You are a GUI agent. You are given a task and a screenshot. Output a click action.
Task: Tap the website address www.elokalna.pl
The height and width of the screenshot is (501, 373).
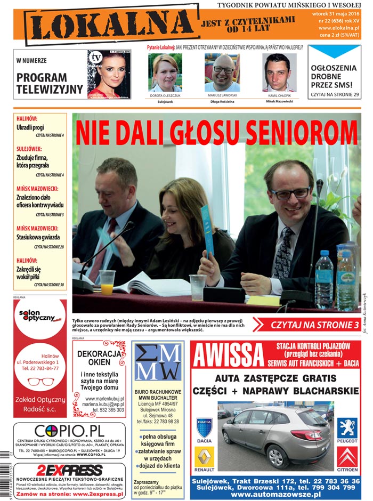tap(339, 28)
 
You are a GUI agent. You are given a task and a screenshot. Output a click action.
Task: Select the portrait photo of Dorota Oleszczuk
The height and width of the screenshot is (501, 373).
tap(165, 72)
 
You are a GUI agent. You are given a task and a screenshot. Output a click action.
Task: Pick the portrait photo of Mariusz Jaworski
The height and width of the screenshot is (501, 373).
tap(222, 72)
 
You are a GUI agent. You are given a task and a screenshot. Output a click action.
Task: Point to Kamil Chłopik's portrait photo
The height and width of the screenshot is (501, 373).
tap(279, 72)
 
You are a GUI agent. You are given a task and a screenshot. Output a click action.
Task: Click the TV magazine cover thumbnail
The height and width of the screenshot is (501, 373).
tap(109, 75)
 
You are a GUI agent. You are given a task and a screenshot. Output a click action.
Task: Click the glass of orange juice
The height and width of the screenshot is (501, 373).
tap(107, 282)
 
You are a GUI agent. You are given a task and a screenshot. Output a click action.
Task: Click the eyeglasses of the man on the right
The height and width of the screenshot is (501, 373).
tap(290, 193)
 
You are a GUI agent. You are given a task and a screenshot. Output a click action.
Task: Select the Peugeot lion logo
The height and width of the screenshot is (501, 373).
tap(347, 427)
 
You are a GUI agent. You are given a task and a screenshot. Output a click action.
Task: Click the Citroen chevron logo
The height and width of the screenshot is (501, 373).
tap(347, 457)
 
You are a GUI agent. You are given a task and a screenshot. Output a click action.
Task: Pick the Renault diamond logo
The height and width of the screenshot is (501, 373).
tap(205, 457)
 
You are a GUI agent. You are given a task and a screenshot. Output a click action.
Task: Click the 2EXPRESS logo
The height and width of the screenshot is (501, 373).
tap(69, 470)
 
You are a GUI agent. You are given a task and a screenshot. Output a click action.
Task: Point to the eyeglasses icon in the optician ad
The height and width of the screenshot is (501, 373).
tap(40, 382)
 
